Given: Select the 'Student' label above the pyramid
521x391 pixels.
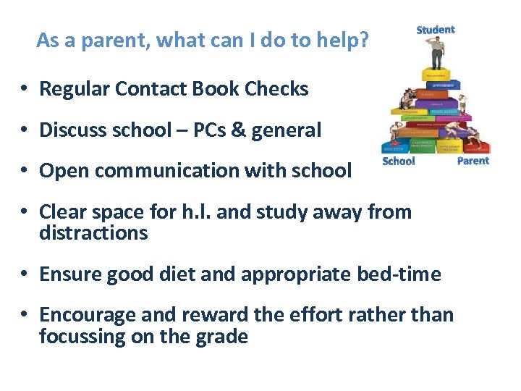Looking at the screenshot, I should click(x=435, y=30).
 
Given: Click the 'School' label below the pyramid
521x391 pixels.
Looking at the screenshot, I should click(x=398, y=161).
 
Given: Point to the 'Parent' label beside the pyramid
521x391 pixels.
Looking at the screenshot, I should click(x=473, y=161).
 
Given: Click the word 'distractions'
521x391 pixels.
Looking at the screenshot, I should click(x=93, y=233).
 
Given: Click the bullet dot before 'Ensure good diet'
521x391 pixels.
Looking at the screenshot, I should click(x=24, y=275).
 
